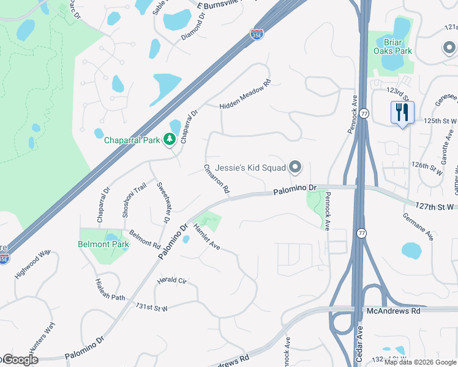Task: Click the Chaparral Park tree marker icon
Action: [x=170, y=140]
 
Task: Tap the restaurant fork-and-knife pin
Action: [x=402, y=113]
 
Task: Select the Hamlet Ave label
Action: [x=206, y=237]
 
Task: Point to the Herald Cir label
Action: [x=171, y=280]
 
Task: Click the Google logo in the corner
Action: [x=20, y=360]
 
